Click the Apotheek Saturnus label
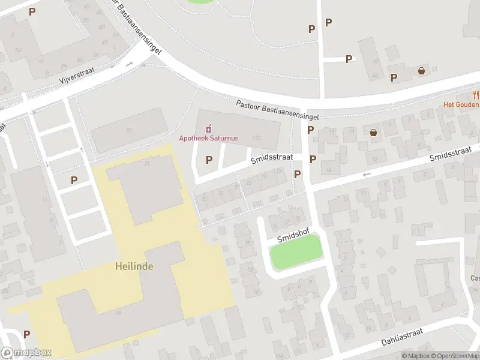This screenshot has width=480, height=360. (x=208, y=139)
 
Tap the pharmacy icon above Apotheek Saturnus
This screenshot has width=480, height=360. (x=208, y=128)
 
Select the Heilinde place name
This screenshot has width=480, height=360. (x=133, y=266)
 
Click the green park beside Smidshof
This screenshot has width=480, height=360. (x=296, y=252)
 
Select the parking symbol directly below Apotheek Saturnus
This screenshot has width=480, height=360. (x=209, y=160)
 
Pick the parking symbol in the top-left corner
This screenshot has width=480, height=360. (x=32, y=11)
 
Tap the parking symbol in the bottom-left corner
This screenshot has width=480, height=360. (x=26, y=334)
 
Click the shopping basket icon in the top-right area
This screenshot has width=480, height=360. (x=422, y=71)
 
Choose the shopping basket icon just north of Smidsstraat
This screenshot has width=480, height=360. (x=374, y=133)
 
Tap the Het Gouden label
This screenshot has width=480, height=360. (x=461, y=104)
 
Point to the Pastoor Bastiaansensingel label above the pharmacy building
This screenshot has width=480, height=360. (x=277, y=110)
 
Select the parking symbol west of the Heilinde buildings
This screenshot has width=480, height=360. (x=74, y=180)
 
